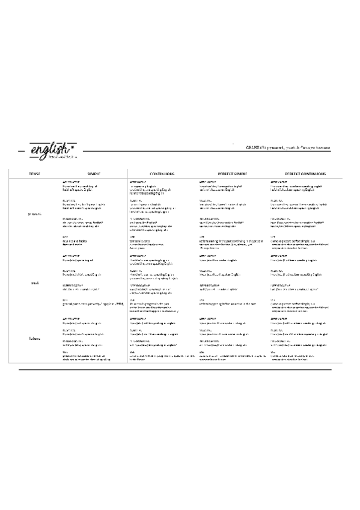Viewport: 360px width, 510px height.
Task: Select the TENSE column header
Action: pyautogui.click(x=35, y=173)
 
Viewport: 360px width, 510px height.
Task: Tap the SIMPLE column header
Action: pyautogui.click(x=94, y=173)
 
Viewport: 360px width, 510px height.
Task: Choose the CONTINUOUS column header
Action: pyautogui.click(x=162, y=173)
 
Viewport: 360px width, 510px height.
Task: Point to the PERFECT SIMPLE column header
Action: pyautogui.click(x=231, y=173)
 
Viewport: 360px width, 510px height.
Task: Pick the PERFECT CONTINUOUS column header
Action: pyautogui.click(x=301, y=173)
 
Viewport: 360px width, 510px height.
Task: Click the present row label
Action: pyautogui.click(x=35, y=214)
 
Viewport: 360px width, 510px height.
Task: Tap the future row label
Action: pyautogui.click(x=35, y=339)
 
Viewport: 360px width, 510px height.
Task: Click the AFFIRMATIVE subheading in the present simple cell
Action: pyautogui.click(x=71, y=181)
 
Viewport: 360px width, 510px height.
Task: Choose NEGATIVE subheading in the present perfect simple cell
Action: pyautogui.click(x=206, y=200)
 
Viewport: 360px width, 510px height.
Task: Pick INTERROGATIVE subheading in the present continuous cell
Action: pyautogui.click(x=140, y=218)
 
